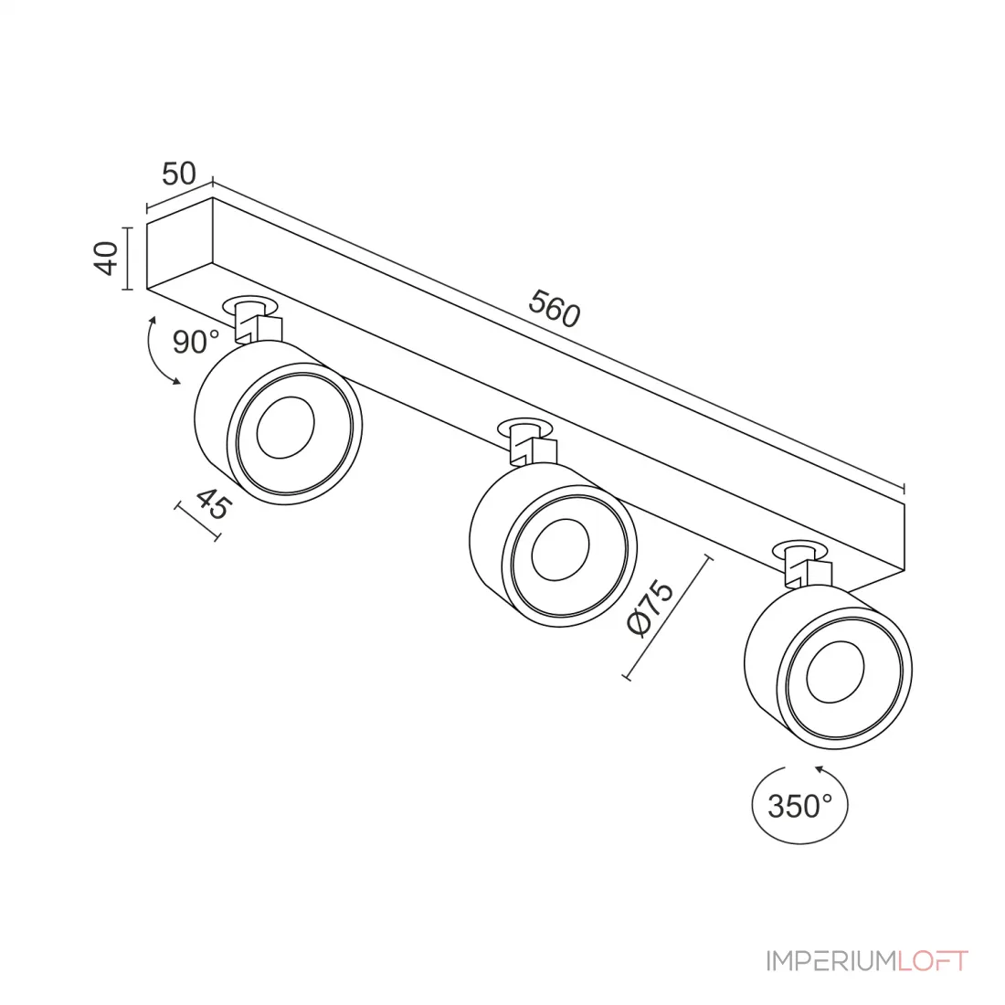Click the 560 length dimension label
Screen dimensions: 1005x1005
coord(554,308)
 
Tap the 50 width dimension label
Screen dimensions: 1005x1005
coord(179,174)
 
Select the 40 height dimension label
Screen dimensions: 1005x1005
coord(106,259)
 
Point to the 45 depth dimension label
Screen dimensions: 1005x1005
coord(213,503)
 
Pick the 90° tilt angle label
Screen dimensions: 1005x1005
coord(196,343)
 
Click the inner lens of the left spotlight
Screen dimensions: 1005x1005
coord(285,428)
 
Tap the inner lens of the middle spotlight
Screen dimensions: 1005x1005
coord(560,550)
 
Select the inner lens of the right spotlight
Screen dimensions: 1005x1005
coord(835,672)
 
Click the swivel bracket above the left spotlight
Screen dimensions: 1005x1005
coord(257,323)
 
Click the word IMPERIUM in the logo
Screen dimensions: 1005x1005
coord(830,961)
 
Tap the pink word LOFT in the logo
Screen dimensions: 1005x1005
coord(932,961)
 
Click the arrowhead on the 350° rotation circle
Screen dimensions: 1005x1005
coord(820,768)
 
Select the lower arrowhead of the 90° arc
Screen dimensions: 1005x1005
coord(175,381)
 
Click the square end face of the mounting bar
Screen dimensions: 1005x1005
coord(179,243)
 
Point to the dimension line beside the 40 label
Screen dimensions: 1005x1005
coord(128,259)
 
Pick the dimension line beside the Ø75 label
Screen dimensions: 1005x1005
coord(667,618)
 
